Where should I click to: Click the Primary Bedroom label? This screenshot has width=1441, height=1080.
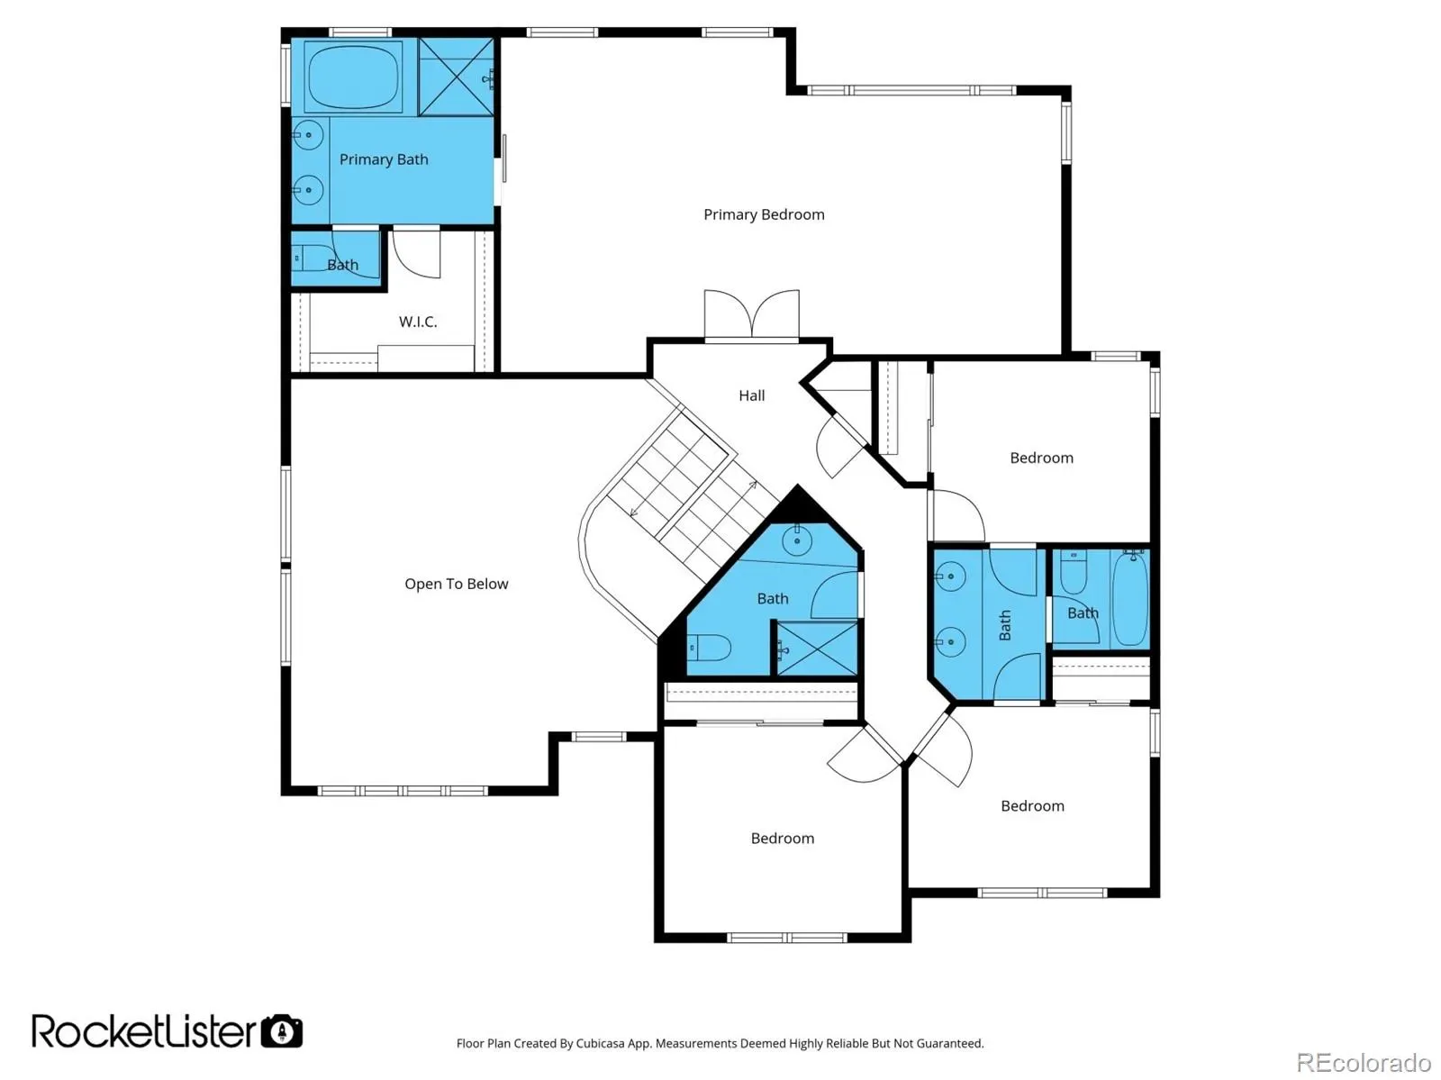coord(764,214)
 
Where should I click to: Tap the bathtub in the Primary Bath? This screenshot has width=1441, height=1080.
coord(354,77)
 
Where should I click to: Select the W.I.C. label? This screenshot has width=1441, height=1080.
coord(418,322)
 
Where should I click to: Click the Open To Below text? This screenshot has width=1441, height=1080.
coord(457,585)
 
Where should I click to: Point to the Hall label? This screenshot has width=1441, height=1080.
coord(752,395)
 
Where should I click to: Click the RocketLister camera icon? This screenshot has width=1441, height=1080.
coord(282,1031)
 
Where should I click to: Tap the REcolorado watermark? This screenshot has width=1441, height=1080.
coord(1364,1062)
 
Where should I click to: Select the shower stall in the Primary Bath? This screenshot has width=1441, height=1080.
coord(457,77)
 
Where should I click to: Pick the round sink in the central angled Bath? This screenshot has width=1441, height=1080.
coord(797,541)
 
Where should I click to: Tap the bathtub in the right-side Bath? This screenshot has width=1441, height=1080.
coord(1130,597)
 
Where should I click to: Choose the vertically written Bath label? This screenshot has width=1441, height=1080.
coord(1004,625)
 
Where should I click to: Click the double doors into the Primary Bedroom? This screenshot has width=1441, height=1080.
coord(752,314)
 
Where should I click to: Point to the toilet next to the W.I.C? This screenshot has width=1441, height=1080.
coord(313,258)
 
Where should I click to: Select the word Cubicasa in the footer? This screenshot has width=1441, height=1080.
coord(600,1043)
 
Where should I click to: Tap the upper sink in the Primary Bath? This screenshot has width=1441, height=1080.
coord(308,136)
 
